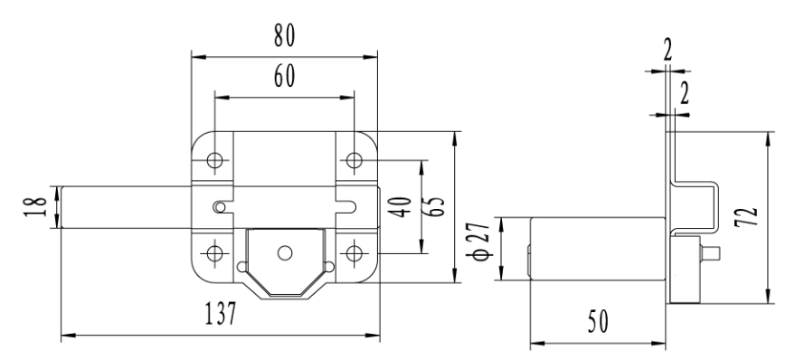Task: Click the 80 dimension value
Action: tap(284, 36)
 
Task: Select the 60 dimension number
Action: tap(284, 77)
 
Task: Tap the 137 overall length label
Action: tap(221, 313)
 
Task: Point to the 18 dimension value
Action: tap(35, 206)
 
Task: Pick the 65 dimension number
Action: tap(434, 206)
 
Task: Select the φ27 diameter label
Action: tap(480, 241)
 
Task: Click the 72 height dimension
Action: tap(746, 216)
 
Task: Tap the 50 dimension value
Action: tap(598, 321)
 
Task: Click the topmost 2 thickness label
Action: tap(667, 51)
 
